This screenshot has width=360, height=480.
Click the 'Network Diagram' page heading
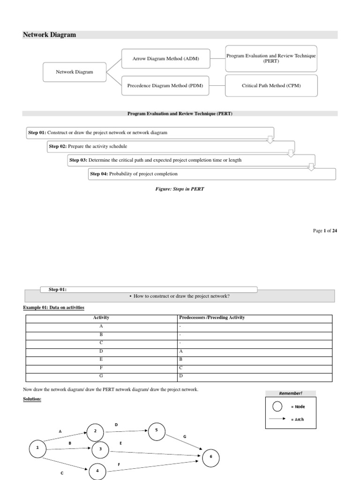[49, 35]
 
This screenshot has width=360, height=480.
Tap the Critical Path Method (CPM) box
[271, 86]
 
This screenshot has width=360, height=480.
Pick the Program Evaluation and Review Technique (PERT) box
[271, 58]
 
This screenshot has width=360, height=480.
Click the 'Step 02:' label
[58, 146]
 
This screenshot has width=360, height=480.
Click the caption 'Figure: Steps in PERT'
[180, 189]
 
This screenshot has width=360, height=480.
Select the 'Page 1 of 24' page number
[325, 231]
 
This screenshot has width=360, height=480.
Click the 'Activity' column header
[101, 317]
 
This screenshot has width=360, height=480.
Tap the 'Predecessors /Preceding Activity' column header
[212, 317]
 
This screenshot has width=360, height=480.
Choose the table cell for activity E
[101, 360]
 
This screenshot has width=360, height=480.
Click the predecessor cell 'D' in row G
[181, 376]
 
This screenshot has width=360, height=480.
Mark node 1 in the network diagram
[37, 449]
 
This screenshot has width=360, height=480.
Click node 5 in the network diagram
[156, 431]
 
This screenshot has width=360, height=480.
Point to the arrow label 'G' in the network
[185, 436]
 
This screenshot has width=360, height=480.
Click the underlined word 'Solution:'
[33, 399]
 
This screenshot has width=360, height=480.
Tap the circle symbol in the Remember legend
[277, 406]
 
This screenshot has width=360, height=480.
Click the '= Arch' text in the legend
[297, 419]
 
